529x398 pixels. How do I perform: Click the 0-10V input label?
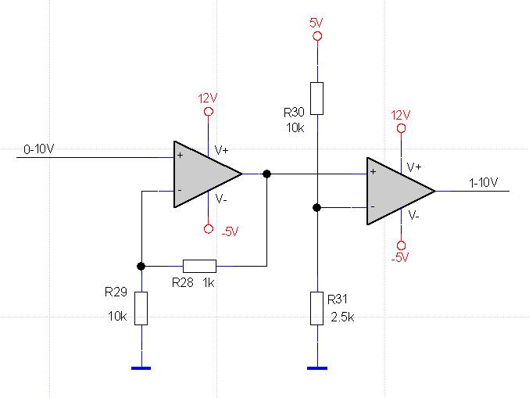click(38, 149)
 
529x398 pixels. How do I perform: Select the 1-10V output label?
click(483, 183)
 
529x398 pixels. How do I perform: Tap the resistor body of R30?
click(316, 99)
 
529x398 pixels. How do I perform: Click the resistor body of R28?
click(199, 266)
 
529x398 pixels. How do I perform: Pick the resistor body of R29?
click(141, 308)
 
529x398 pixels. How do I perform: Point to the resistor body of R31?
click(316, 308)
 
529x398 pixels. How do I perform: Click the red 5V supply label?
click(316, 23)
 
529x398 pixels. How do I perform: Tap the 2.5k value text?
click(342, 317)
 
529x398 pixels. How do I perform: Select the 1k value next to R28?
click(209, 282)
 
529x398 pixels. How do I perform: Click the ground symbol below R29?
click(141, 368)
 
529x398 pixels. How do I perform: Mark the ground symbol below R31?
click(317, 368)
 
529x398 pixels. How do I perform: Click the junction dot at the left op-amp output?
click(266, 174)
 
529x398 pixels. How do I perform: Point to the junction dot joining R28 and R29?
click(141, 266)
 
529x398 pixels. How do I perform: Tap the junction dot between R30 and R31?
click(316, 207)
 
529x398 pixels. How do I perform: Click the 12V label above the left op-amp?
click(208, 99)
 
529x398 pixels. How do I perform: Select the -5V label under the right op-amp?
click(400, 257)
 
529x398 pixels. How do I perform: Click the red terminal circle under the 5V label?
click(317, 36)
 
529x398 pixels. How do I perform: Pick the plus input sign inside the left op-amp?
click(181, 156)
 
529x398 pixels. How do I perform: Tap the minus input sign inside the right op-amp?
click(373, 206)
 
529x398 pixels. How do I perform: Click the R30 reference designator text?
click(294, 113)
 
